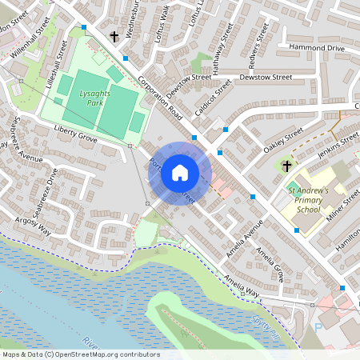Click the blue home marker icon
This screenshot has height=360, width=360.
click(180, 172)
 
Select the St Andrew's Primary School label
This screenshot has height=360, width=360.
click(308, 200)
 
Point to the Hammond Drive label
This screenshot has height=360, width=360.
click(317, 49)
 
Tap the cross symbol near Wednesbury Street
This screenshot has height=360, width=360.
click(114, 37)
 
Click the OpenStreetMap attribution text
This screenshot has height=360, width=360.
click(80, 354)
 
